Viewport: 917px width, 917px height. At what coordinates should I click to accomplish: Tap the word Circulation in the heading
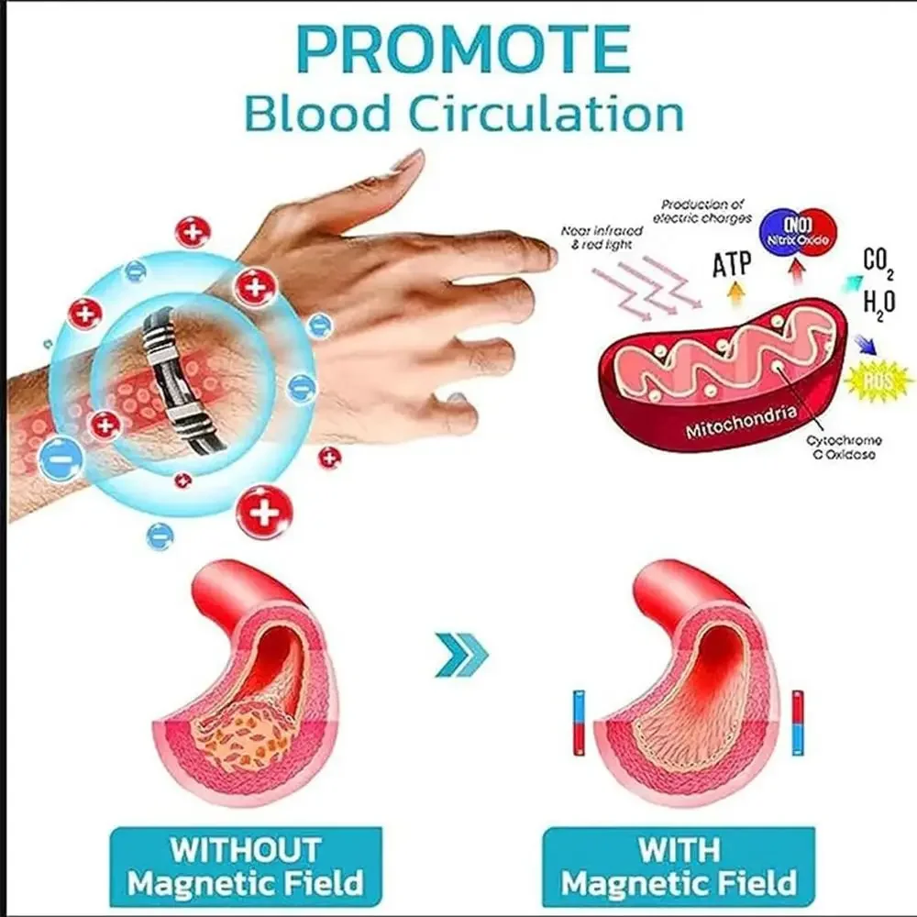[545, 115]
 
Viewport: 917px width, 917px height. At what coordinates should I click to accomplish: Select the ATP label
[732, 264]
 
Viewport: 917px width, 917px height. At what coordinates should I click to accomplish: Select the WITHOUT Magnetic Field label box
[245, 866]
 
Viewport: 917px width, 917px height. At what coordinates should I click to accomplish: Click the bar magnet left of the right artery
[578, 723]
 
